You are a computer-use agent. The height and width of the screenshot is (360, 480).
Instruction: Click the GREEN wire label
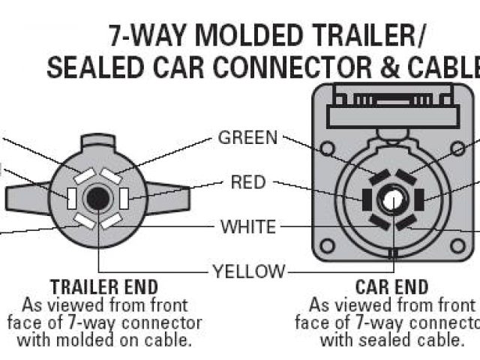click(x=247, y=138)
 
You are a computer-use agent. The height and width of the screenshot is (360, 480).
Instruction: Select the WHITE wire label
click(x=247, y=226)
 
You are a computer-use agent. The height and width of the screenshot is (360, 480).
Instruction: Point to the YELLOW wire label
click(x=248, y=271)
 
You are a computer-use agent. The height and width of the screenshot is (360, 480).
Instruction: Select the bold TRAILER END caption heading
click(x=103, y=287)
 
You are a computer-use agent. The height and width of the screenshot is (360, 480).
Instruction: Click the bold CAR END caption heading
click(x=391, y=287)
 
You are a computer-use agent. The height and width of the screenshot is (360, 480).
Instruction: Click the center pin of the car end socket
click(x=391, y=201)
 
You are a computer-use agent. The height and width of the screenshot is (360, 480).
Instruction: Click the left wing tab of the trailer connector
click(x=26, y=197)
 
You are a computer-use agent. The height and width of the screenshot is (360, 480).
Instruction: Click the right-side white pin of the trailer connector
click(x=124, y=198)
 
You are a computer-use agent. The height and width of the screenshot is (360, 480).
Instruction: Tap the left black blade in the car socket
click(x=366, y=200)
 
